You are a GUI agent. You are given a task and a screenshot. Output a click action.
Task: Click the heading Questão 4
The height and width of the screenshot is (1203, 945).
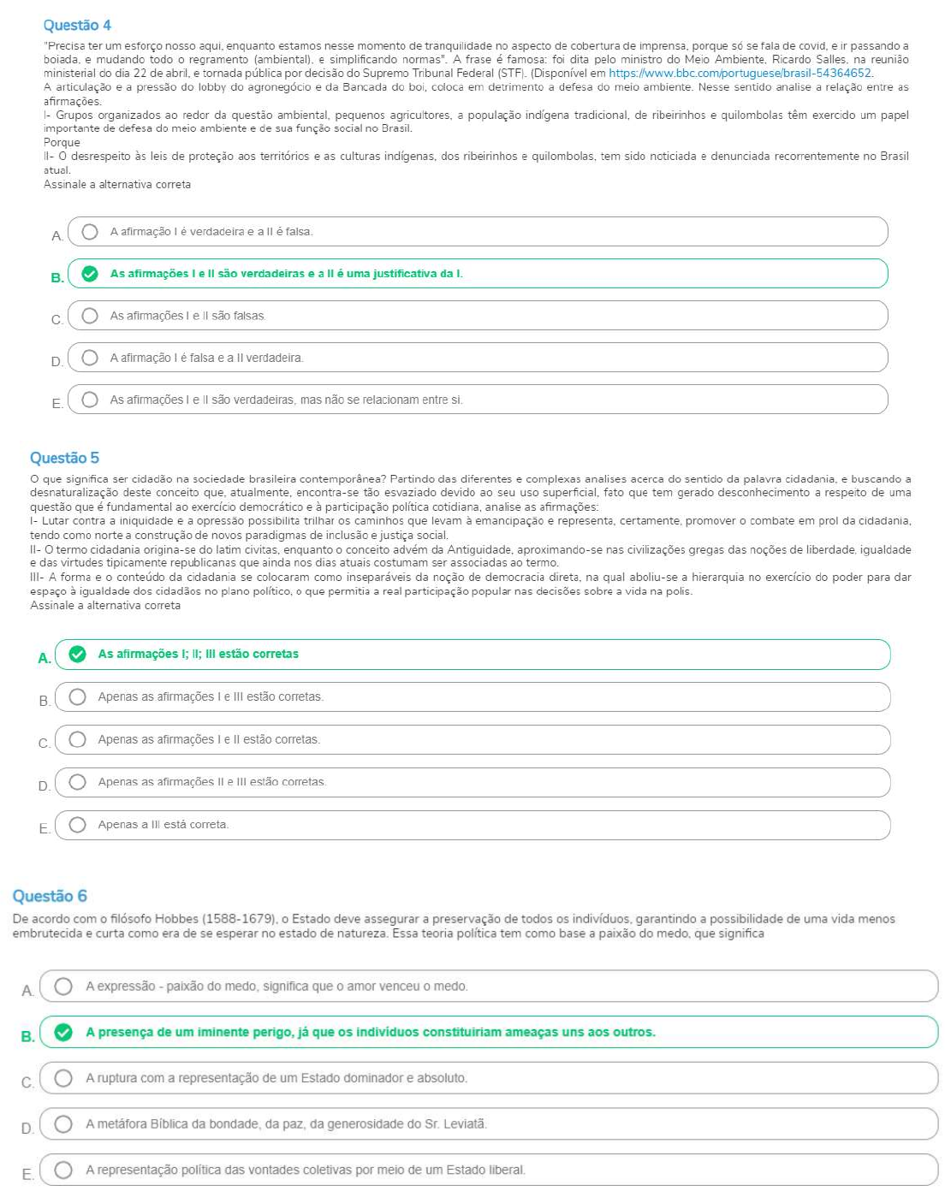coord(77,26)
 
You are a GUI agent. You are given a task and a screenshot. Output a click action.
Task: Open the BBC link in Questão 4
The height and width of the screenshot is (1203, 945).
coord(740,74)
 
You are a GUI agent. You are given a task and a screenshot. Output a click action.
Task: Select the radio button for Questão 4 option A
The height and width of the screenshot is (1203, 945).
coord(90,232)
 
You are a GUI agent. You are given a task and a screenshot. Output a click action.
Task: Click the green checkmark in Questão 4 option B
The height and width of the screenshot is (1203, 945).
coord(90,274)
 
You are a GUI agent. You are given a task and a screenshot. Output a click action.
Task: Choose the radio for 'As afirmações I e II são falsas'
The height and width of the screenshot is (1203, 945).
coord(90,316)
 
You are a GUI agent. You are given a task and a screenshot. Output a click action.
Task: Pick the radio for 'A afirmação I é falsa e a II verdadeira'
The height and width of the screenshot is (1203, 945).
coord(90,358)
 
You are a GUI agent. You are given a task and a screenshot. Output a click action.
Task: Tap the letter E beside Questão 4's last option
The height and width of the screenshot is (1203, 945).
coord(56,403)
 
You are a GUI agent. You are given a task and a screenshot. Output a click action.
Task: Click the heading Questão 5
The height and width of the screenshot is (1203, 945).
coord(64,459)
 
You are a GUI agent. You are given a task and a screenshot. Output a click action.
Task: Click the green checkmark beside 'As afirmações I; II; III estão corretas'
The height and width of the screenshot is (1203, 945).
coord(78,655)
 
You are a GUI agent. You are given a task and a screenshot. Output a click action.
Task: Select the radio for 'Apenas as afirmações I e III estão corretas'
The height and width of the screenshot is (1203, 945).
coord(78,697)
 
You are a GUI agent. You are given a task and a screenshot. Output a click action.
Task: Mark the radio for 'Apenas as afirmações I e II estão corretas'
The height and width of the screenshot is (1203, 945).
coord(78,740)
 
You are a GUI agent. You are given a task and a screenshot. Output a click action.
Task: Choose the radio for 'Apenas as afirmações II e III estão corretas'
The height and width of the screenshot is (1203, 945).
coord(78,782)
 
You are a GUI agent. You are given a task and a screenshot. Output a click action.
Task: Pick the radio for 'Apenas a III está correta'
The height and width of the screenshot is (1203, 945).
coord(78,825)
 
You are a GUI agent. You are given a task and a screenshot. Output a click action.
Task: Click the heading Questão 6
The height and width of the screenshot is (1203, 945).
coord(50,897)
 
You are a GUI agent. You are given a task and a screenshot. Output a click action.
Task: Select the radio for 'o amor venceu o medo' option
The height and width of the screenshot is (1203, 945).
coord(63,987)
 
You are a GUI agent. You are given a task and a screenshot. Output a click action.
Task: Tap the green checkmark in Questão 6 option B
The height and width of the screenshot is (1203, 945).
coord(63,1033)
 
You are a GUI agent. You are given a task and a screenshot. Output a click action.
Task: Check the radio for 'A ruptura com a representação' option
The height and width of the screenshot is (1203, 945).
coord(63,1078)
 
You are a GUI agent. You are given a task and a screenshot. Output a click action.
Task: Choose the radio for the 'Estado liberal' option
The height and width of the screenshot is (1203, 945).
coord(63,1170)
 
